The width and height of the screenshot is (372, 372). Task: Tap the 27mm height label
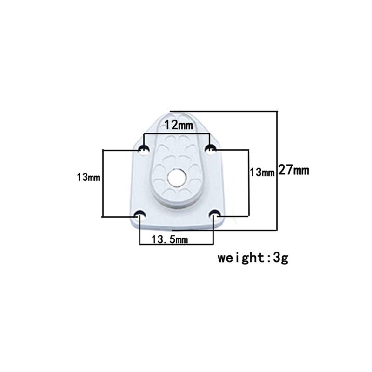coord(293,170)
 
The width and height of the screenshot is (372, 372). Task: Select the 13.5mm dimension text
coord(170,239)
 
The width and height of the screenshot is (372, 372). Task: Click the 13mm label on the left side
coord(88,177)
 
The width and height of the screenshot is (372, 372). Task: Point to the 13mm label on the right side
coord(262,173)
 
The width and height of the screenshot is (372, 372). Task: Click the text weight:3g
coord(253,258)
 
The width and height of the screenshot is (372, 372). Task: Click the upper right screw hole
coord(211,149)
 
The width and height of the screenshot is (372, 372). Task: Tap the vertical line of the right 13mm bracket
coord(249,195)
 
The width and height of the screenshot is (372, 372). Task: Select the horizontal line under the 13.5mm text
coord(177,245)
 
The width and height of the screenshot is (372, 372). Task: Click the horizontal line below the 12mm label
coord(177,134)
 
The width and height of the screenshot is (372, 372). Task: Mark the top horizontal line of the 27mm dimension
coord(223,111)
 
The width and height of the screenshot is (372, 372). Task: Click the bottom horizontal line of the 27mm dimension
coord(223,230)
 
